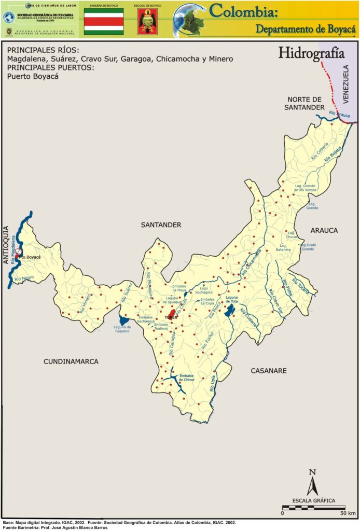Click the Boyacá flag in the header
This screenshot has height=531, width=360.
(104, 21)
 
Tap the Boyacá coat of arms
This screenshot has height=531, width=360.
(148, 22)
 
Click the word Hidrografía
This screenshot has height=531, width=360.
(304, 53)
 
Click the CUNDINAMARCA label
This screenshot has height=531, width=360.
(71, 361)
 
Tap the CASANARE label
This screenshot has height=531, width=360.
(269, 371)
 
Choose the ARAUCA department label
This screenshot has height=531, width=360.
(324, 230)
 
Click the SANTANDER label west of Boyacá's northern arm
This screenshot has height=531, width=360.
(161, 225)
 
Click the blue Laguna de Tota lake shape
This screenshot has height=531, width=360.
(230, 311)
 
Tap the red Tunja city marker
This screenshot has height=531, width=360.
(172, 314)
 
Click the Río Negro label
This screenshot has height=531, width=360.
(24, 278)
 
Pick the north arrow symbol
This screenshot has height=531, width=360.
(312, 483)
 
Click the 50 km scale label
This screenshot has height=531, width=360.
(348, 513)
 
